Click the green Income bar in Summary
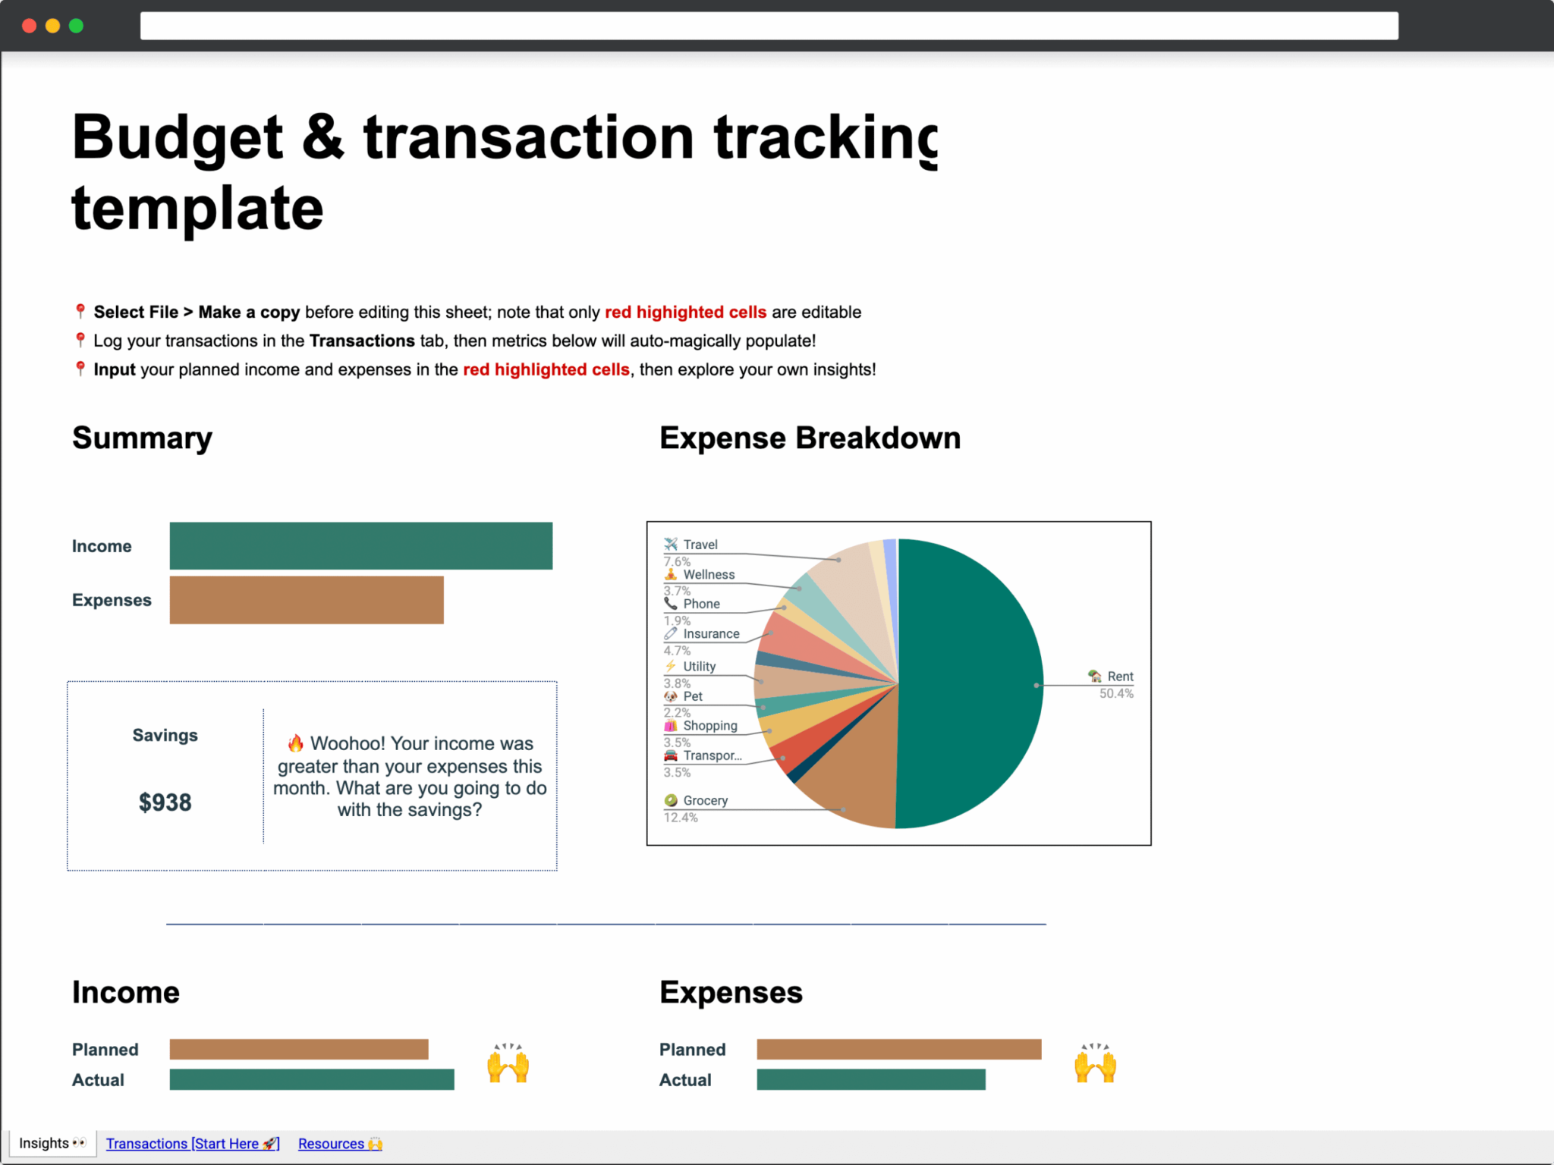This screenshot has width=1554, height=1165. pyautogui.click(x=360, y=545)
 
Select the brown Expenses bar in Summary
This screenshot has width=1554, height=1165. pyautogui.click(x=306, y=600)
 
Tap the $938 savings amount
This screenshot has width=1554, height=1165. pyautogui.click(x=165, y=802)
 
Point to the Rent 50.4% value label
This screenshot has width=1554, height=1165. pyautogui.click(x=1116, y=693)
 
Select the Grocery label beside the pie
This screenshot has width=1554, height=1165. pyautogui.click(x=705, y=800)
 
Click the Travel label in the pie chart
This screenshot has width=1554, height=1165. pyautogui.click(x=700, y=545)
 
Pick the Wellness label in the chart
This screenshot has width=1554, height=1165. pyautogui.click(x=709, y=574)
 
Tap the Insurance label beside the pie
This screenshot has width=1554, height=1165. pyautogui.click(x=711, y=633)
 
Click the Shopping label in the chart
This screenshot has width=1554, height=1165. pyautogui.click(x=709, y=725)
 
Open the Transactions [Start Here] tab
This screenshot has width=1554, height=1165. pyautogui.click(x=192, y=1143)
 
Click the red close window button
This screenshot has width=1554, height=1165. pyautogui.click(x=30, y=26)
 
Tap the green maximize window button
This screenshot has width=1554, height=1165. pyautogui.click(x=76, y=26)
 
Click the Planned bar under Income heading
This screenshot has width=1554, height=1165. pyautogui.click(x=298, y=1049)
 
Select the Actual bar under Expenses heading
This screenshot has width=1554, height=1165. pyautogui.click(x=870, y=1079)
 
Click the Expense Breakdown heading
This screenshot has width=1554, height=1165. pyautogui.click(x=810, y=438)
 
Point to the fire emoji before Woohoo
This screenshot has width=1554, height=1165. pyautogui.click(x=296, y=743)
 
